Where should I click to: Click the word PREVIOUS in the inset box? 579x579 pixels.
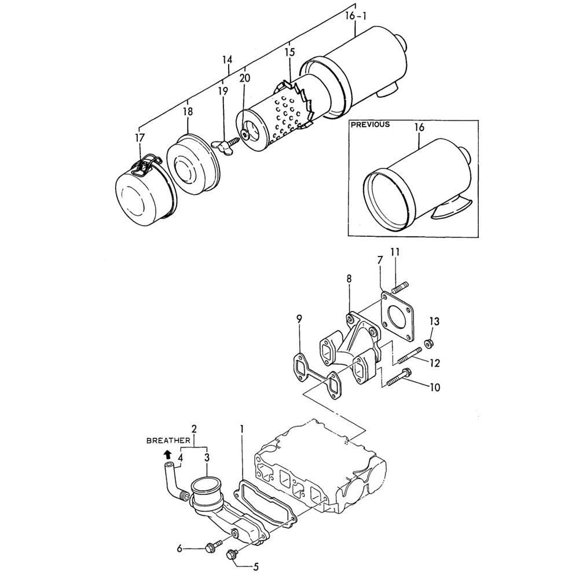370,124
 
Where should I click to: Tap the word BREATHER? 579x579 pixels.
168,441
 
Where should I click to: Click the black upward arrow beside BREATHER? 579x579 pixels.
168,454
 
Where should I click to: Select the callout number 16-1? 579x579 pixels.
356,17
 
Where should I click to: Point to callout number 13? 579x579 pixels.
435,321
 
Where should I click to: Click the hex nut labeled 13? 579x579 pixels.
428,343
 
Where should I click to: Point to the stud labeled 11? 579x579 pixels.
400,287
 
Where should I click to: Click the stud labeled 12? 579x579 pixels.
409,356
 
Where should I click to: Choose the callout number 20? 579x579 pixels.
244,78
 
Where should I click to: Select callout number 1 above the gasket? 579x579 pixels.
242,429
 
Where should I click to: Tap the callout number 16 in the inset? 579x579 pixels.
419,127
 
